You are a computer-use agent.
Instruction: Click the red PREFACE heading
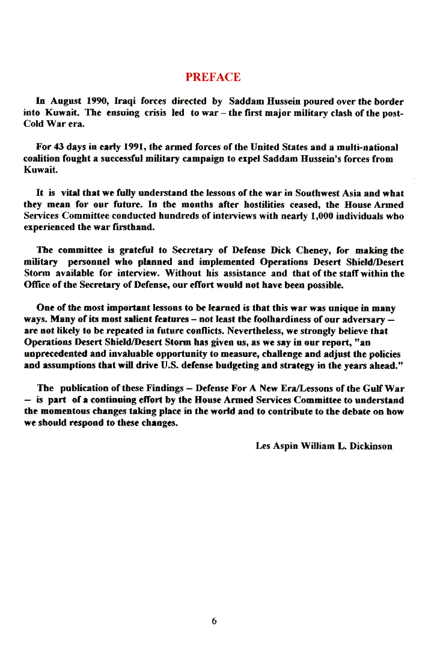click(x=213, y=77)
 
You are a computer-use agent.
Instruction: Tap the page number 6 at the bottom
click(x=214, y=621)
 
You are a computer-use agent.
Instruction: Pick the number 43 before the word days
click(x=59, y=147)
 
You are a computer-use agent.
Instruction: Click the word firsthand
click(x=135, y=228)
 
